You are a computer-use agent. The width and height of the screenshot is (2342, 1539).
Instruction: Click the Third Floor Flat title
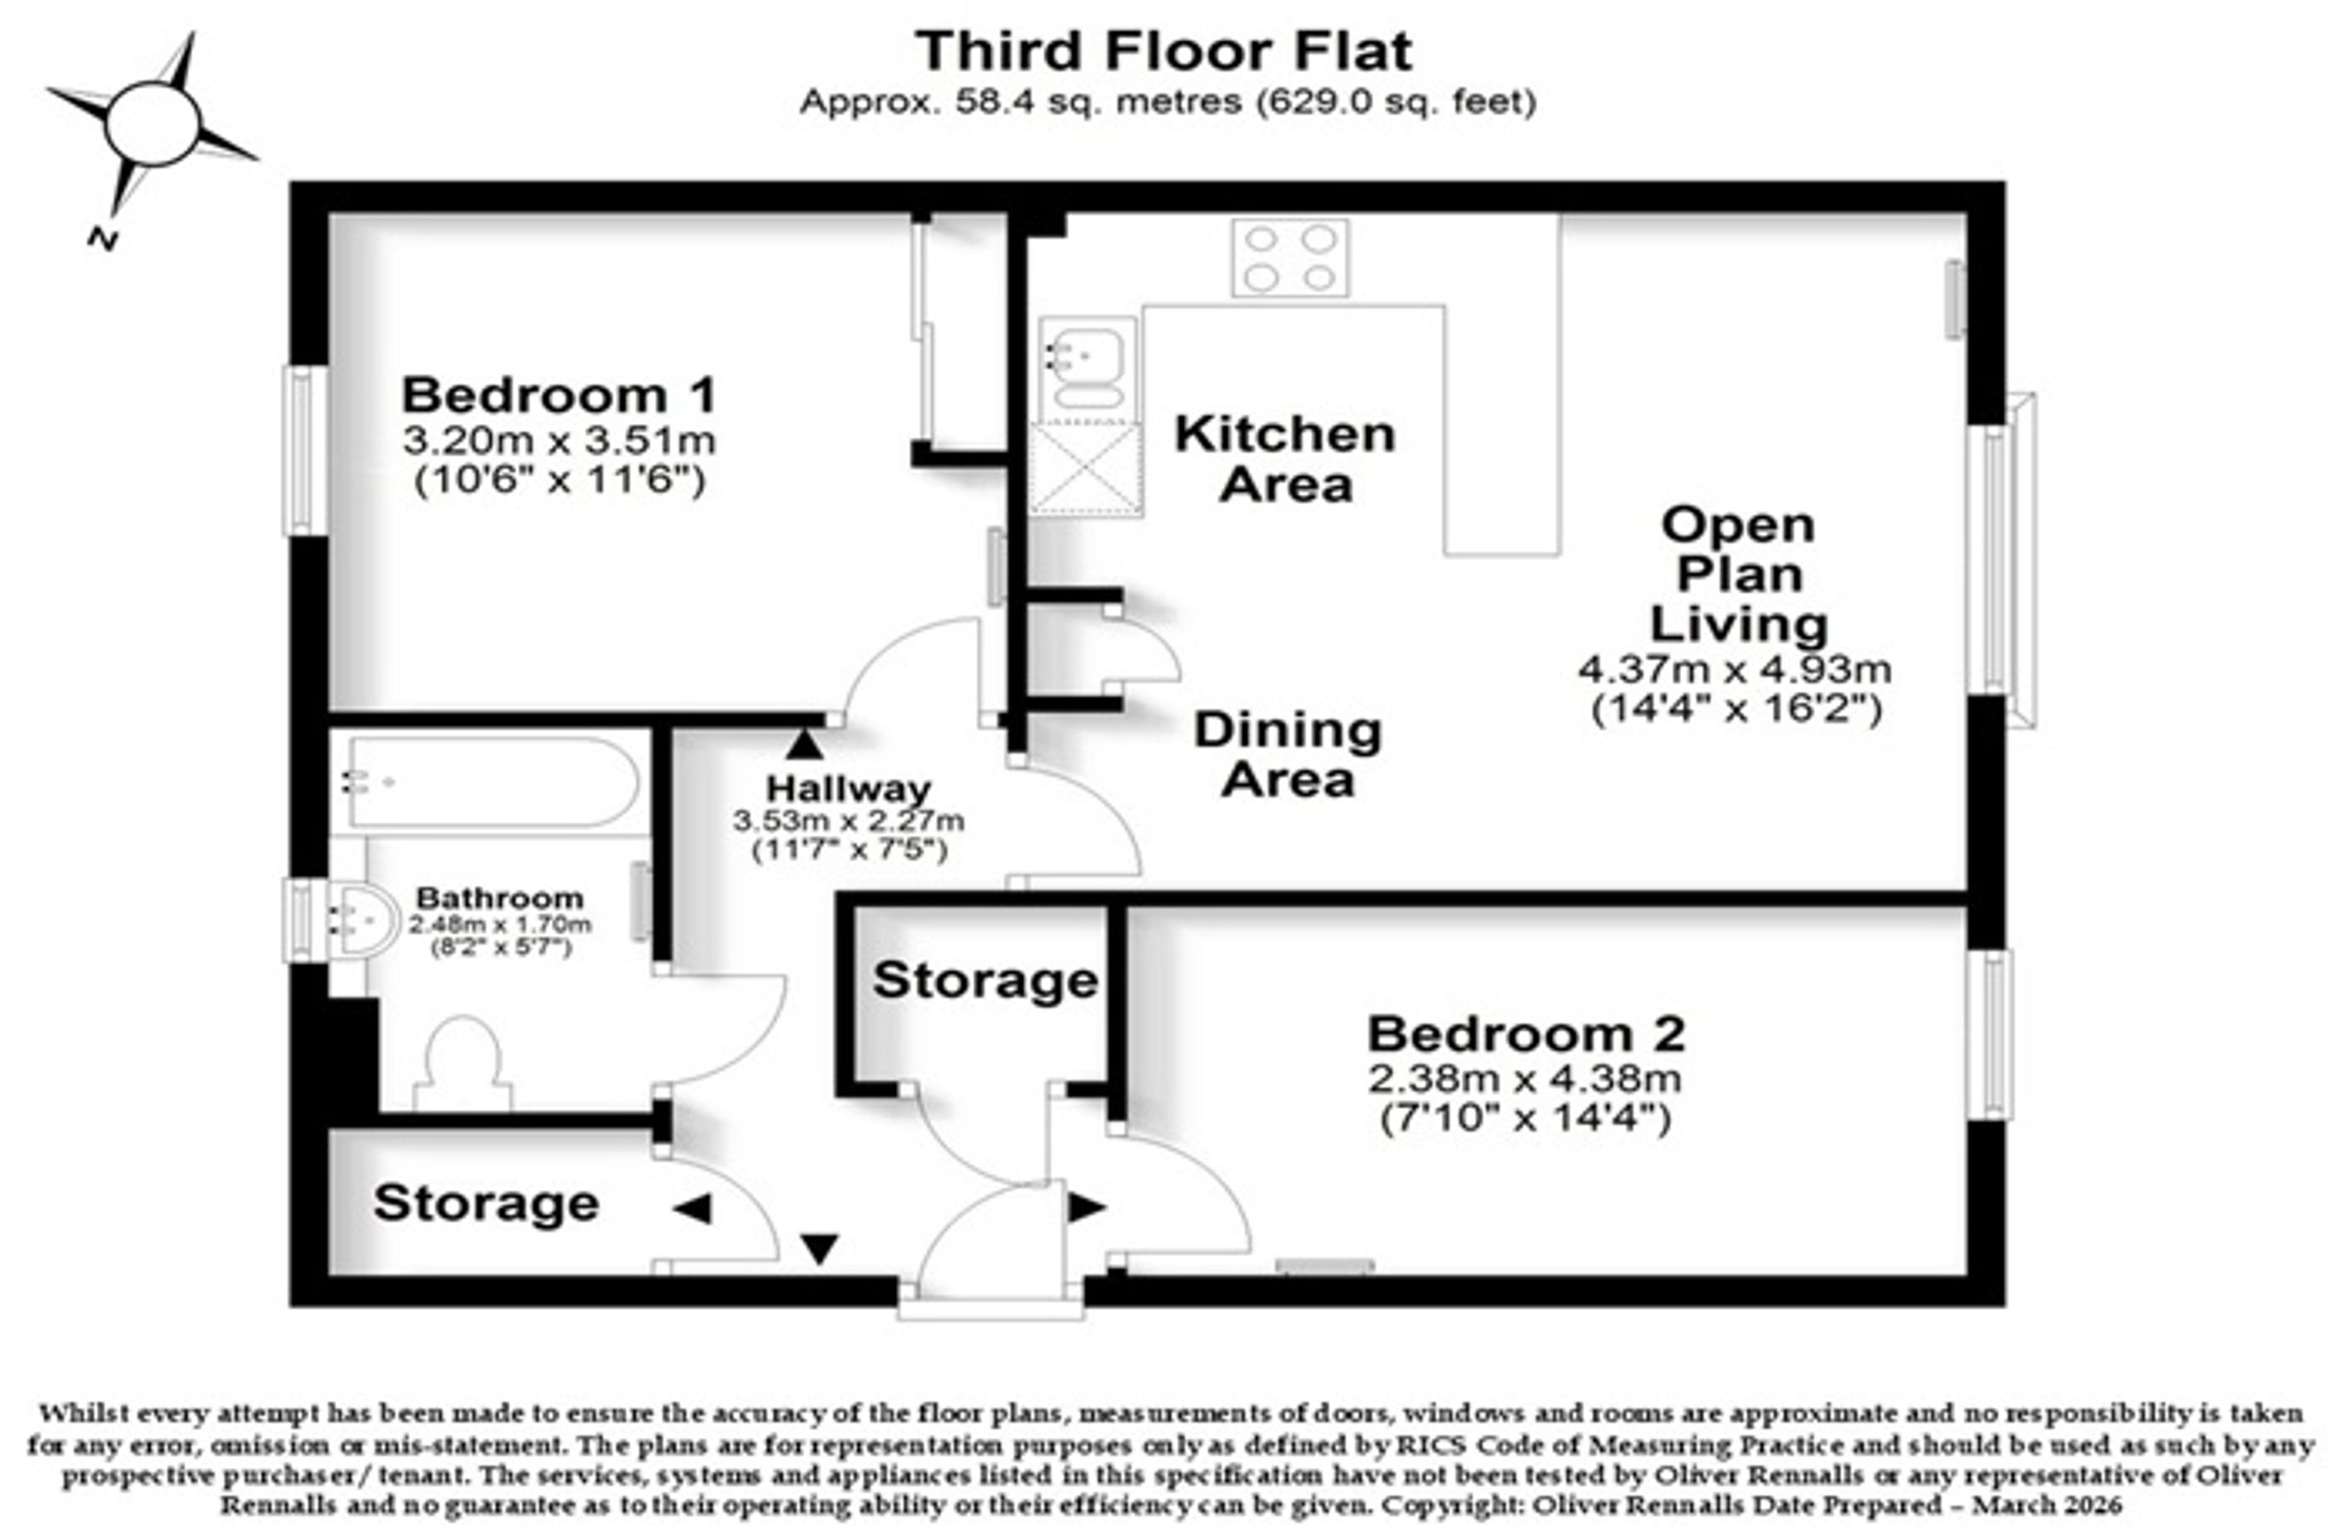coord(1164,51)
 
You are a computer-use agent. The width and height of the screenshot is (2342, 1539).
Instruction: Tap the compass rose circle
coord(153,124)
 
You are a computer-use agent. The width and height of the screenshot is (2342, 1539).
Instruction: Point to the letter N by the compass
coord(102,239)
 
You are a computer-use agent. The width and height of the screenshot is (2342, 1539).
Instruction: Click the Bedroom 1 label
coord(559,396)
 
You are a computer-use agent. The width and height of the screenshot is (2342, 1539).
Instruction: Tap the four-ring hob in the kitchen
coord(1291,258)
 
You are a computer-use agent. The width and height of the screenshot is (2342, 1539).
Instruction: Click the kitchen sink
coord(1088,368)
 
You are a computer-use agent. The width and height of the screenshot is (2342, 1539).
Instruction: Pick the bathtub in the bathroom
coord(492,783)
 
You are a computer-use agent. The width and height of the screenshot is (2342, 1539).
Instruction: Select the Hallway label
coord(848,789)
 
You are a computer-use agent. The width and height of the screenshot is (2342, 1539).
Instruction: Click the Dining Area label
coord(1288,756)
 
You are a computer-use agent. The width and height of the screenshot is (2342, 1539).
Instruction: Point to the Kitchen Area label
coord(1285,459)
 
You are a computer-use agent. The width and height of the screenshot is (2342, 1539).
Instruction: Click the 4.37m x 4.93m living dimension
coord(1736,670)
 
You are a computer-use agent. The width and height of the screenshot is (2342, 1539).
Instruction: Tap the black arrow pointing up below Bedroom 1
coord(805,744)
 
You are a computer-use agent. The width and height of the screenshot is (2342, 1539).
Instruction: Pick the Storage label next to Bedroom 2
coord(985,980)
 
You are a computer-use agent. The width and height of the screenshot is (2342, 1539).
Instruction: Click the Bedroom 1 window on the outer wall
coord(305,451)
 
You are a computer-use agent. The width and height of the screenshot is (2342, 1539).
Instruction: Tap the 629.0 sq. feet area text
coord(1395,102)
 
